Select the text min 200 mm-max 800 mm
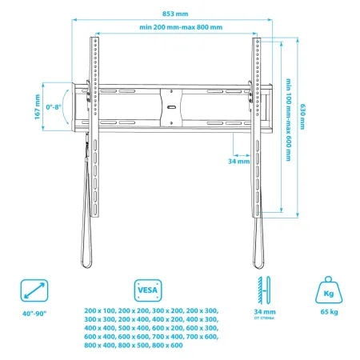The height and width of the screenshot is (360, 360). [180, 29]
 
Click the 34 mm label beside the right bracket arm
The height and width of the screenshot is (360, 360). [239, 161]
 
